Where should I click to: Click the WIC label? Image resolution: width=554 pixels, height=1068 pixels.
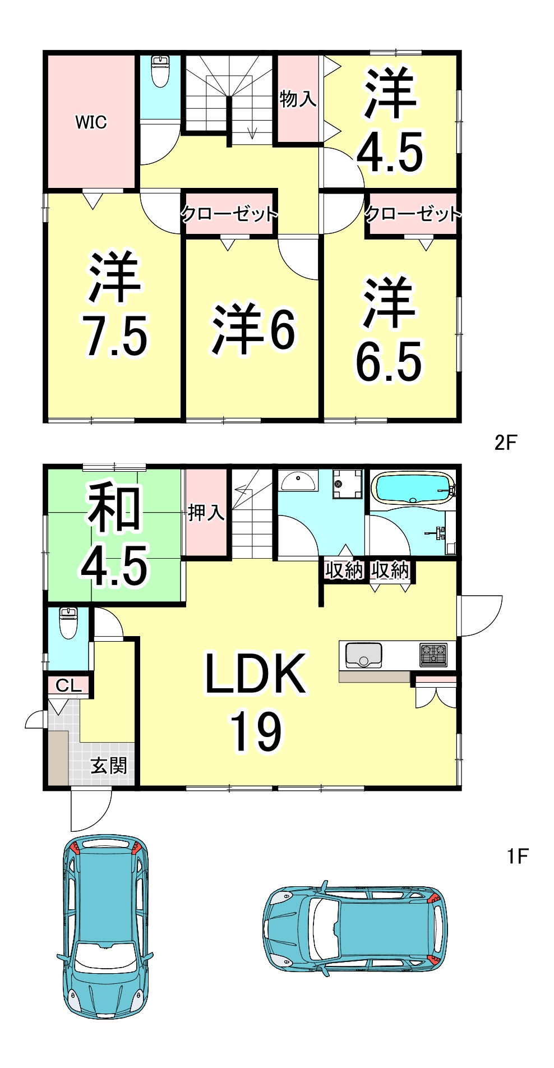tap(91, 122)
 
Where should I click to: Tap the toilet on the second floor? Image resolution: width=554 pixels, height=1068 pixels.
tap(160, 71)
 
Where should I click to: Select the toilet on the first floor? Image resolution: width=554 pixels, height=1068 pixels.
tap(68, 623)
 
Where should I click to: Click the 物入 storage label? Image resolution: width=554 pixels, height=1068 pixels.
tap(298, 99)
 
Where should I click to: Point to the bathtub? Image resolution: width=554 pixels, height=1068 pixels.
tap(413, 487)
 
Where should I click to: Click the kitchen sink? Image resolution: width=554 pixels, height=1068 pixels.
tap(363, 655)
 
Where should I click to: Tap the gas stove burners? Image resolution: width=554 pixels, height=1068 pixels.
tap(434, 655)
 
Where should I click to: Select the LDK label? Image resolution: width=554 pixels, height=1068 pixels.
tap(256, 674)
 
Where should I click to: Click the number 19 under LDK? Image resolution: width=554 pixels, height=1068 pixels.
tap(256, 731)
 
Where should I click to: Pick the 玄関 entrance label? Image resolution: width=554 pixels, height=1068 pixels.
tap(109, 766)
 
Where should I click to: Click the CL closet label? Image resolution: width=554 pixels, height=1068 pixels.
tap(68, 685)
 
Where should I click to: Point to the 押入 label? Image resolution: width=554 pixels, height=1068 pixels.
tap(206, 512)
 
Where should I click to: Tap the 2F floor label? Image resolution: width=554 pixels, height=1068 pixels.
tap(505, 443)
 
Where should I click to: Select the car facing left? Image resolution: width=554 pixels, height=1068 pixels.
tap(355, 929)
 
